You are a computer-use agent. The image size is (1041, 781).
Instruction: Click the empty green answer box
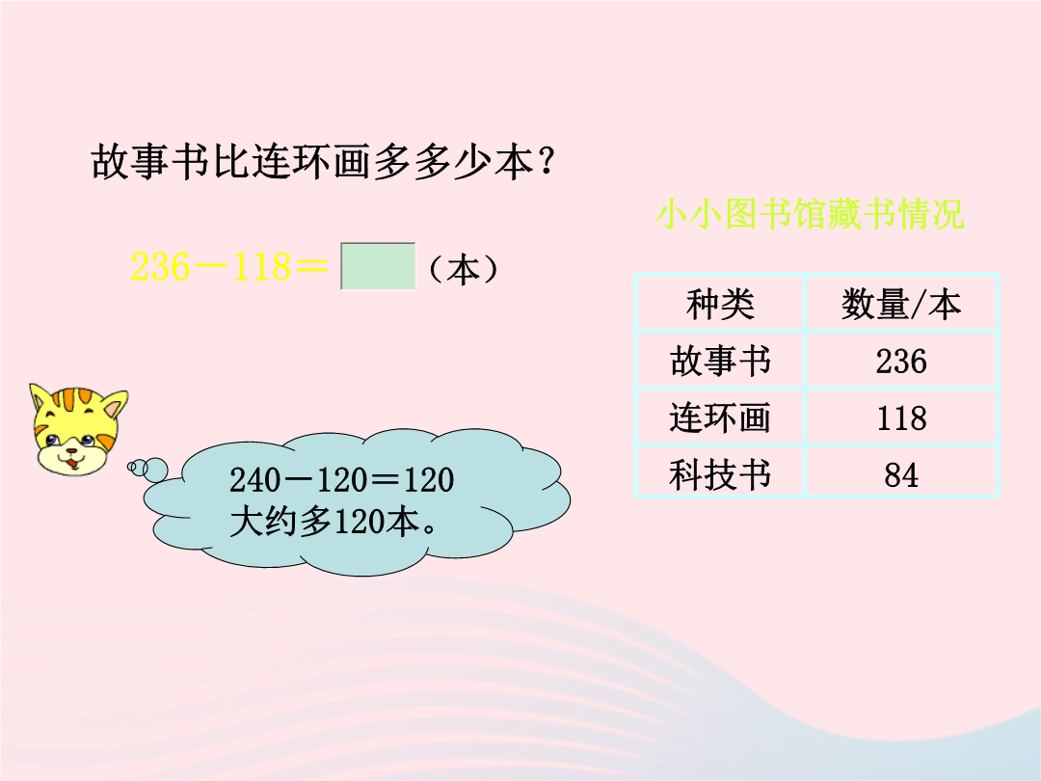click(378, 266)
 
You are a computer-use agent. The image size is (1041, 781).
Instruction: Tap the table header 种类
click(720, 305)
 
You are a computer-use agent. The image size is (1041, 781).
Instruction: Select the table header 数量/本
click(901, 305)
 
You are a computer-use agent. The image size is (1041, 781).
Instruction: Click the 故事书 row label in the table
click(720, 362)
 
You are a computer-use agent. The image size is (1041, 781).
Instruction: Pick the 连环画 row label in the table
click(720, 418)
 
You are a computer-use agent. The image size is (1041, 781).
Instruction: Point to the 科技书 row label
click(720, 474)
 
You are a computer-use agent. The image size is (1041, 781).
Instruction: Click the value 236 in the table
click(901, 362)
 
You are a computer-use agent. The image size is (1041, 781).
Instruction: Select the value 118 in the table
click(901, 418)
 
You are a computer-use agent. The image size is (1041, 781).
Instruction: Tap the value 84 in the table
click(901, 474)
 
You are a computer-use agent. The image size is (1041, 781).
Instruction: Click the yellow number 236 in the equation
click(160, 267)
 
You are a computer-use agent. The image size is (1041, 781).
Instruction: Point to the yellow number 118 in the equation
click(260, 267)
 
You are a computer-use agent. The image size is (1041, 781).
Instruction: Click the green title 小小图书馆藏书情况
click(810, 214)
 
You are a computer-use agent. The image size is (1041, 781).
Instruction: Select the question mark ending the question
click(547, 162)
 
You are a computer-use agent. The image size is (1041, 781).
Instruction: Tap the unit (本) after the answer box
click(463, 270)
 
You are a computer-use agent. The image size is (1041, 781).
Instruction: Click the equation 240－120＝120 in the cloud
click(341, 479)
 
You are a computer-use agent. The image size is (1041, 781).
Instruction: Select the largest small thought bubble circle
click(155, 470)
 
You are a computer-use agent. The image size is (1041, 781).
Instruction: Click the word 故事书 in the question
click(150, 162)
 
